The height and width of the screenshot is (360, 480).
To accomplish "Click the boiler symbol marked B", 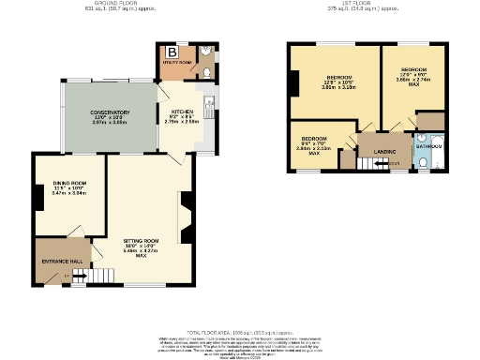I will tap(172, 52).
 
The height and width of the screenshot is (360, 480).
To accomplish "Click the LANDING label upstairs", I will tap(384, 150).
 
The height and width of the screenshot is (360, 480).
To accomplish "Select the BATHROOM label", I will tap(428, 146).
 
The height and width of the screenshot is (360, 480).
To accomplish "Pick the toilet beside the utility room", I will tap(205, 54).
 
